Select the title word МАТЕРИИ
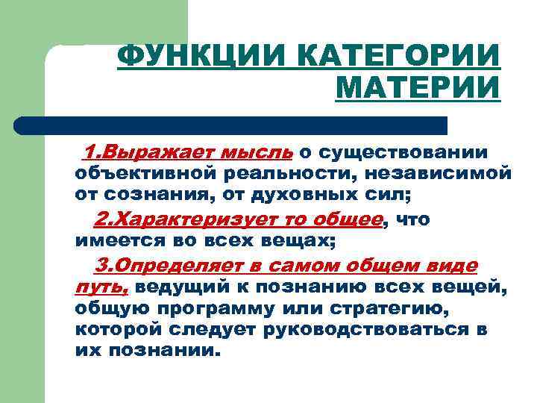418,89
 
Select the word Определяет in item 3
179,266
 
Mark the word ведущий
186,287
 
